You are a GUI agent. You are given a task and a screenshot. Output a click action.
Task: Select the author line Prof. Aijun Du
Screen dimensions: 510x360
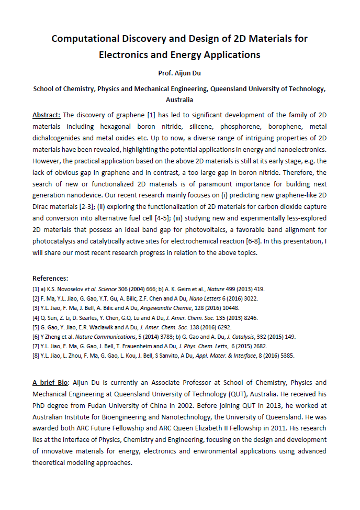pos(179,73)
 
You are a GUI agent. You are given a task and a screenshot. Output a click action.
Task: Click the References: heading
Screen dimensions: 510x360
pos(50,278)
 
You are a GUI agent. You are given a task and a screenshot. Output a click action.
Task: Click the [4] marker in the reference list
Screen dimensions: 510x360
pos(36,317)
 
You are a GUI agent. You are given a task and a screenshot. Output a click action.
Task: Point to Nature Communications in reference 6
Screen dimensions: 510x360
pos(92,337)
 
